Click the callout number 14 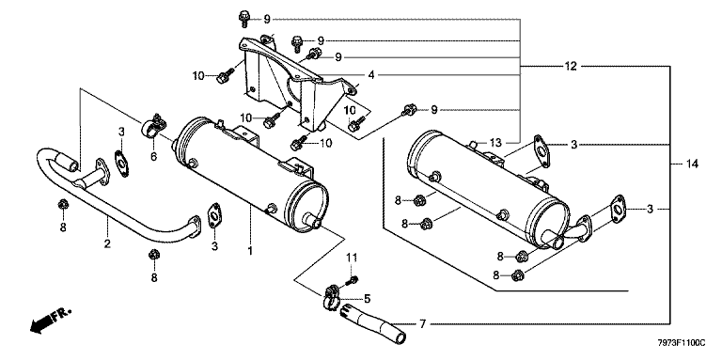pos(692,164)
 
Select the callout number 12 pos(571,67)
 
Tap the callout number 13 pos(494,143)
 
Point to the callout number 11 pos(352,257)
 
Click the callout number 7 pos(423,325)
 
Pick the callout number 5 pos(367,299)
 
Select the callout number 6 pos(153,157)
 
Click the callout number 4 pos(371,74)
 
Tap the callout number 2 pos(107,243)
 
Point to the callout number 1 pos(250,251)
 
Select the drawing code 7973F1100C pos(681,343)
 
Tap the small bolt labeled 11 pos(353,279)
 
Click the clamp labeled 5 pos(332,297)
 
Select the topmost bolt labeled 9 pos(244,19)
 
